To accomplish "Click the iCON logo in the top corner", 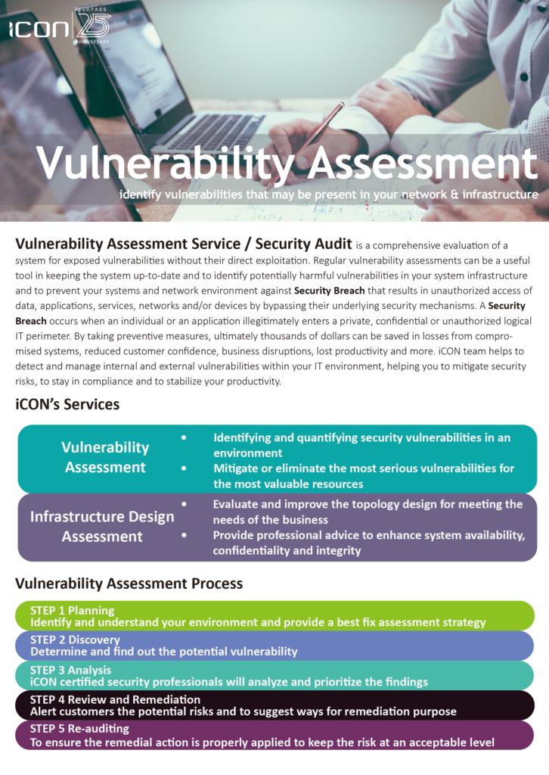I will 38,30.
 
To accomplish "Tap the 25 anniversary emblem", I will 92,27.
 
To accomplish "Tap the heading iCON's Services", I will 67,404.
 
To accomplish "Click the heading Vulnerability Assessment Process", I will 129,584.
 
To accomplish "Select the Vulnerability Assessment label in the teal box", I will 105,457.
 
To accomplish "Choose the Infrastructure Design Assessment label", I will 102,527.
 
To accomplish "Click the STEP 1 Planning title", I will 73,610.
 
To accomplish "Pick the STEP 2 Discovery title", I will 75,640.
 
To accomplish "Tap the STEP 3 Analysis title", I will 70,670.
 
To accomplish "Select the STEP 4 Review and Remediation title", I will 115,699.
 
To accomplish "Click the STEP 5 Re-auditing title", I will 79,729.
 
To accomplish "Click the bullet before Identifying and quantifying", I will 184,437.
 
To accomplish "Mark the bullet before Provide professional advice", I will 184,535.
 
